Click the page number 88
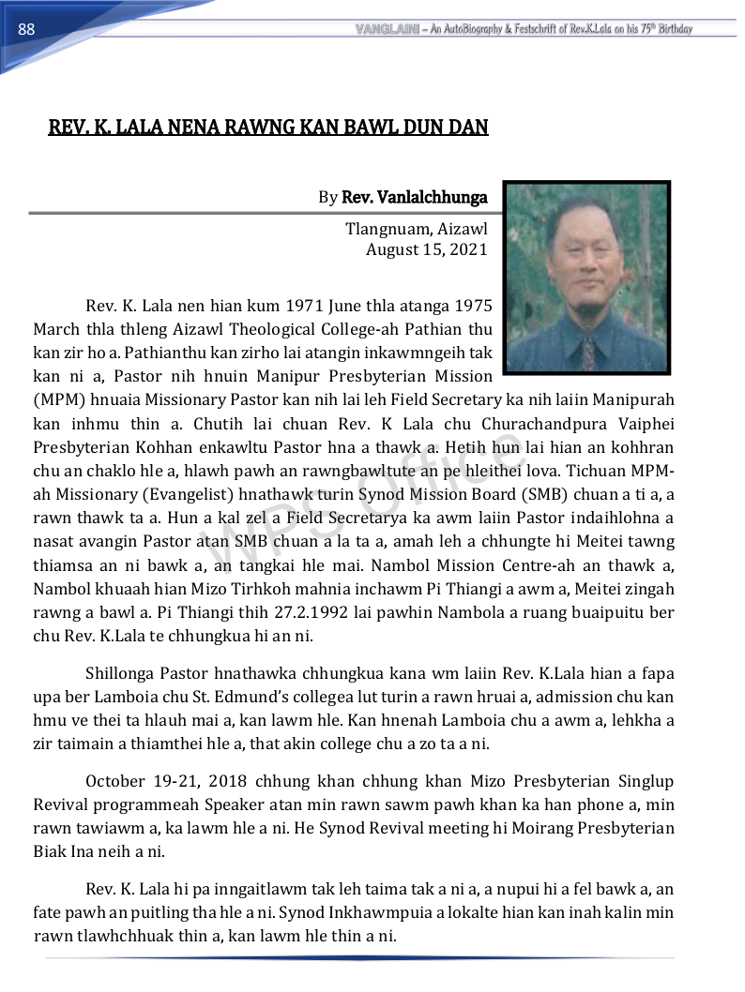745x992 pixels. [x=26, y=30]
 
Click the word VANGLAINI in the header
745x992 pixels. [x=387, y=29]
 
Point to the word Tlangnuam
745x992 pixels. [x=383, y=229]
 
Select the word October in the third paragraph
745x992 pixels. [x=115, y=781]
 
